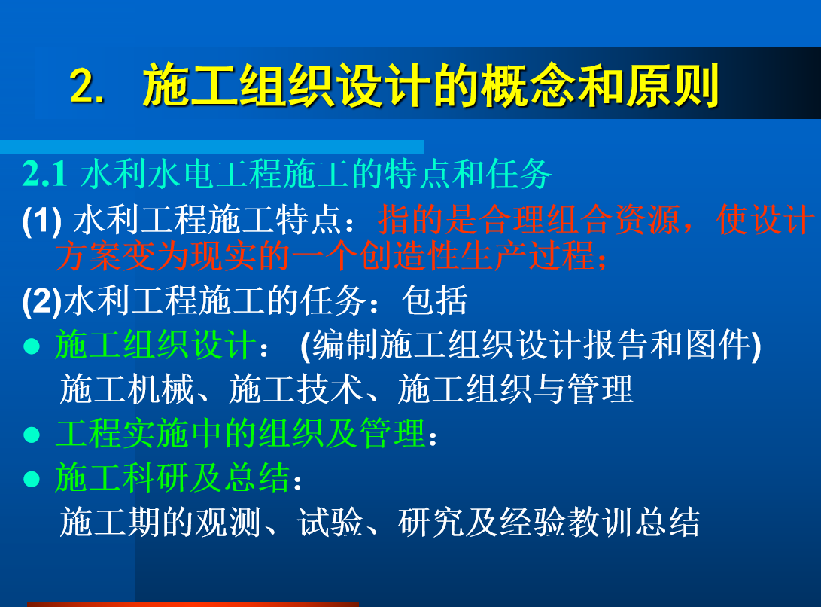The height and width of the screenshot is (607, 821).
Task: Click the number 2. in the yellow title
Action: pos(87,86)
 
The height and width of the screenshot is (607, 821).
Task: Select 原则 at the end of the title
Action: pos(673,85)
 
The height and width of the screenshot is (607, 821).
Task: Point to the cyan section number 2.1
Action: pos(44,173)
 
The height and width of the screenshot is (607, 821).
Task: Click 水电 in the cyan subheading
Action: pos(181,173)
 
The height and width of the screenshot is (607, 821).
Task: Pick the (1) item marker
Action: pos(42,220)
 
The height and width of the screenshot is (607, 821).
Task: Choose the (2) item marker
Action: pos(42,301)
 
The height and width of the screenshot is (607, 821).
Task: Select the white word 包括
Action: pos(435,300)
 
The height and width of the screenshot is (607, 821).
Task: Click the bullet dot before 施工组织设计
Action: pos(32,346)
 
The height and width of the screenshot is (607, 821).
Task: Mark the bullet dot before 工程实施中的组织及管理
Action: pos(32,435)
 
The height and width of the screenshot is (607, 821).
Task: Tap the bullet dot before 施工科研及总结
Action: pos(32,479)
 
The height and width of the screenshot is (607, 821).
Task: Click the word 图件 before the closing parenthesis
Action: pos(718,345)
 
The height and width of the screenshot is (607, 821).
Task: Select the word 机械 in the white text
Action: pos(161,389)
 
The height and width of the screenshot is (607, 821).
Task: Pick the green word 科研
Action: pos(156,477)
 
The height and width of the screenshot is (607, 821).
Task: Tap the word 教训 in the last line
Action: pos(599,522)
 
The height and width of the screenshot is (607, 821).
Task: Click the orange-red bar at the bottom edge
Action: pos(193,605)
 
